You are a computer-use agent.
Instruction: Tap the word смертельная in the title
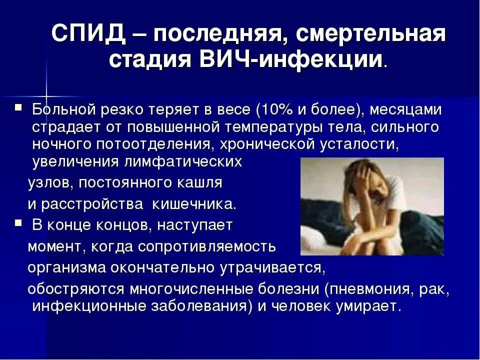pyautogui.click(x=370, y=35)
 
